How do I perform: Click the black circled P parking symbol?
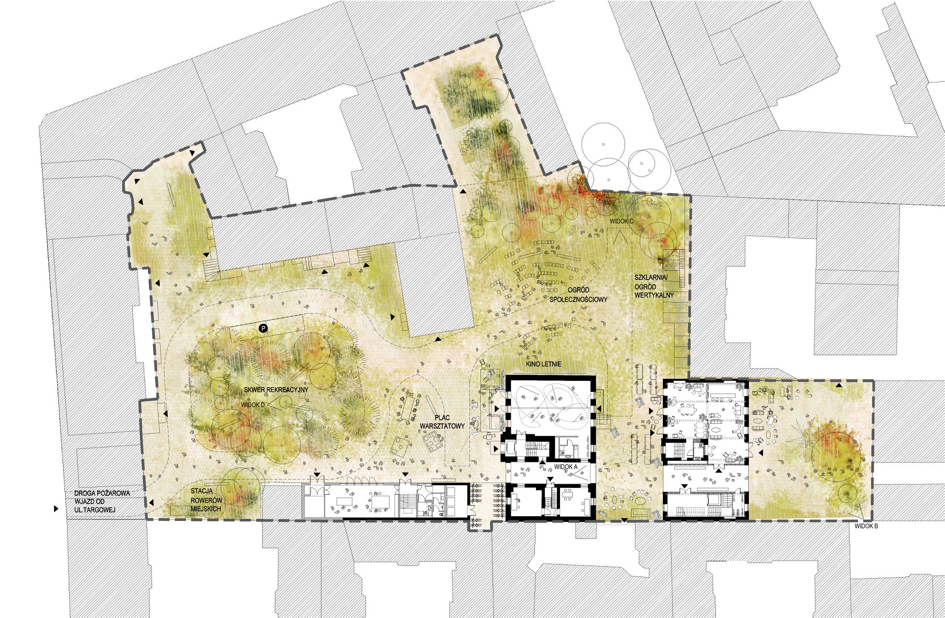point(263,328)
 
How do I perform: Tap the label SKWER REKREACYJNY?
point(276,390)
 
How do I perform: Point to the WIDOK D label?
point(253,405)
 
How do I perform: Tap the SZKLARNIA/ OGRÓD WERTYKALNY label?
point(654,286)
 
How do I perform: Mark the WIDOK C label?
point(621,221)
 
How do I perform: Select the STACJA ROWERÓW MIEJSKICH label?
point(206,500)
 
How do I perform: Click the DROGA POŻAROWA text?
point(102,493)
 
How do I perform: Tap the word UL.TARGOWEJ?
point(95,510)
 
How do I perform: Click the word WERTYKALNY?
point(654,295)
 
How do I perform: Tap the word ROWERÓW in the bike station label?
point(206,500)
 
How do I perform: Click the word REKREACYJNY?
point(286,390)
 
